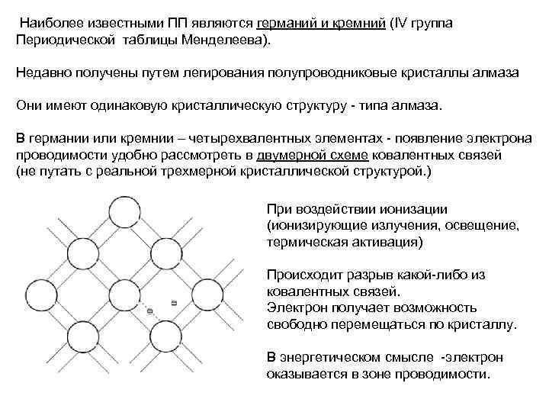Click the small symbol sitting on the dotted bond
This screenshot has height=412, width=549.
[x=149, y=310]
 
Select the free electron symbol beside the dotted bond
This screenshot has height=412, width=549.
[x=175, y=303]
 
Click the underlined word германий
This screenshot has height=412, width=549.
[x=286, y=23]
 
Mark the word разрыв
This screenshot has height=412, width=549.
[x=358, y=275]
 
